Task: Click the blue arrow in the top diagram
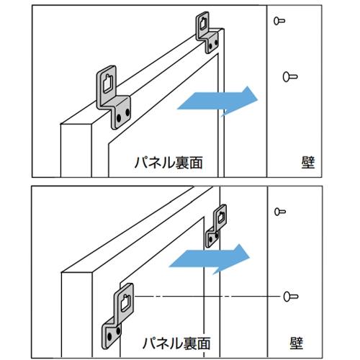click(217, 101)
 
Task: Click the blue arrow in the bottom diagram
click(210, 259)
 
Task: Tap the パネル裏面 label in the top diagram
click(168, 163)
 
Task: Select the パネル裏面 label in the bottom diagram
click(176, 343)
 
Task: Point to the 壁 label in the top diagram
click(308, 163)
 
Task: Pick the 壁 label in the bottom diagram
click(297, 343)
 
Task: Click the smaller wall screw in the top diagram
click(279, 21)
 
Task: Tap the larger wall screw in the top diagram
click(290, 77)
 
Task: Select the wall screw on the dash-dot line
click(291, 297)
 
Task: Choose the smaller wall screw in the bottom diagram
click(280, 212)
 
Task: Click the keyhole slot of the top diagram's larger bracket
click(108, 84)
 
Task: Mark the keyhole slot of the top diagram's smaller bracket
click(204, 24)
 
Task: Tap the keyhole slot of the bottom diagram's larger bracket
click(126, 303)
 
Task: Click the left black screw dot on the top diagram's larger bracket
click(119, 118)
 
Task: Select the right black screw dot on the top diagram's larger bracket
click(127, 112)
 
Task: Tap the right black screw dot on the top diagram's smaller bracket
click(216, 42)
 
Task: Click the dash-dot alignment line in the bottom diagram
click(207, 297)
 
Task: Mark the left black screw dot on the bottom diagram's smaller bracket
click(210, 238)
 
